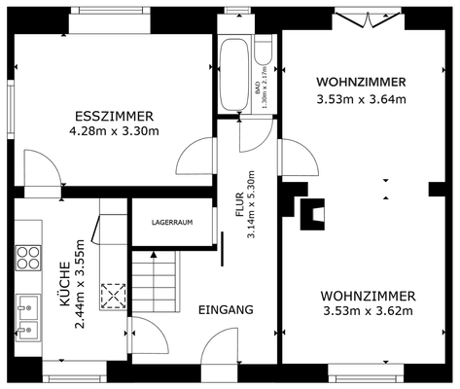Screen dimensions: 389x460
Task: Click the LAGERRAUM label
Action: pyautogui.click(x=172, y=222)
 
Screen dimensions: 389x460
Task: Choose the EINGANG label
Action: pyautogui.click(x=226, y=309)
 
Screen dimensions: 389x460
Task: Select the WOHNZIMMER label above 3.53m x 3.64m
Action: pyautogui.click(x=361, y=82)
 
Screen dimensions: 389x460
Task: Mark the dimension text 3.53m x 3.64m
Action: pyautogui.click(x=361, y=98)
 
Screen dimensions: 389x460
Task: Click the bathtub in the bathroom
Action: pyautogui.click(x=234, y=76)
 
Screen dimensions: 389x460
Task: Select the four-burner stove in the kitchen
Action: pyautogui.click(x=28, y=258)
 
